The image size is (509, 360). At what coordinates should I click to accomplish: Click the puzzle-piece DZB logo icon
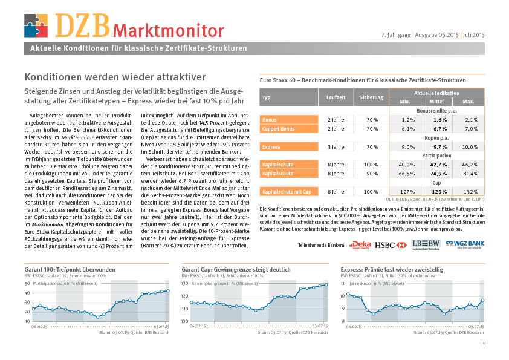coord(36,25)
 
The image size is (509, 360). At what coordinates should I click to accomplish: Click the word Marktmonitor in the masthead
coord(169,31)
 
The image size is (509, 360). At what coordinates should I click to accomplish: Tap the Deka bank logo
coord(360,245)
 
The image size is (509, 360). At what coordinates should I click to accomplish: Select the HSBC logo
coord(391,245)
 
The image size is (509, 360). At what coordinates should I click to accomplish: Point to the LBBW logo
coord(426,244)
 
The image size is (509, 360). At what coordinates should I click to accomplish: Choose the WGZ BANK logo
coord(465,244)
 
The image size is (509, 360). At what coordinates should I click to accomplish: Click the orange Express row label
coord(288,147)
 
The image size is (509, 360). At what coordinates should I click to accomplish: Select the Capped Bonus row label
coord(288,129)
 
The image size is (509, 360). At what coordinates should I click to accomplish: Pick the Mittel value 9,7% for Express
coord(440,147)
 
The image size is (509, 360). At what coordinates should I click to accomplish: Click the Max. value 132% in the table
coord(470,192)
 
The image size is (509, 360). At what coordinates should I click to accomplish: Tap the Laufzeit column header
coord(336,97)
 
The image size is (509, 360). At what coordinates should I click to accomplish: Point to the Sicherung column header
coord(371,97)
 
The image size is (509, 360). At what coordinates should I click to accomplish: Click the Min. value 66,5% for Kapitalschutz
coord(406,174)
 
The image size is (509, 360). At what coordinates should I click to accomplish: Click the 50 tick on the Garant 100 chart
coord(27,283)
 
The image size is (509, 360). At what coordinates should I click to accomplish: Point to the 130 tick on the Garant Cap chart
coord(185,283)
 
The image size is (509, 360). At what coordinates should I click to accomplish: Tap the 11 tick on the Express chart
coord(343,283)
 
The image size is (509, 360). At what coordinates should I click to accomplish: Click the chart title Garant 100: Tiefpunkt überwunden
coord(70,269)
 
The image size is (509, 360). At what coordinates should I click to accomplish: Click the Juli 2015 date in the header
coord(473,34)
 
